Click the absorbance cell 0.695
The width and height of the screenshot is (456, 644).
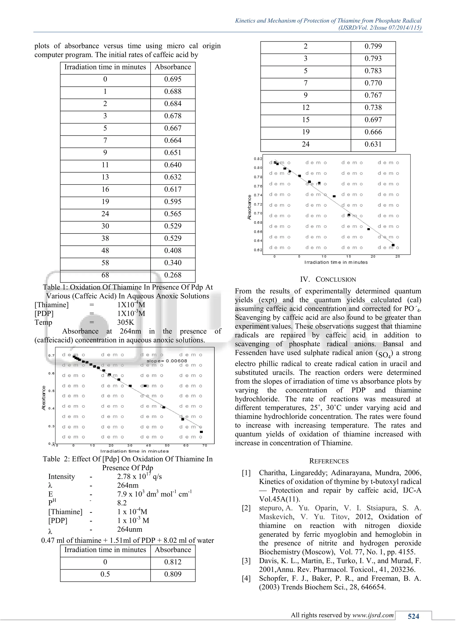[x=173, y=79]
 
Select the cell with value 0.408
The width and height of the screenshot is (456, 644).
[x=173, y=251]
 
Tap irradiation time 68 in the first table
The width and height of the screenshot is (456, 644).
[x=105, y=275]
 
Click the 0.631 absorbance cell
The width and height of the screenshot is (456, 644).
[x=373, y=145]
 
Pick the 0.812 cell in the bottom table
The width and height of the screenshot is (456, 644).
[x=173, y=562]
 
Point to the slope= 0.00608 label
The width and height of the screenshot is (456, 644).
[x=167, y=361]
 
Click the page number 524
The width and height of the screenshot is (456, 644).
[x=413, y=616]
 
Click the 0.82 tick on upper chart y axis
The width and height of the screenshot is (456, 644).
[x=258, y=159]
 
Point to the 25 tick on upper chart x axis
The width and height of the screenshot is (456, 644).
[x=398, y=256]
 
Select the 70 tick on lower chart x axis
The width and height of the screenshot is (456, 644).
[x=205, y=445]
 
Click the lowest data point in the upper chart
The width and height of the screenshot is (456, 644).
[x=393, y=245]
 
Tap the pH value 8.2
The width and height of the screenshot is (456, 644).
[x=122, y=503]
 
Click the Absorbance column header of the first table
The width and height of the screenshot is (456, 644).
[x=173, y=67]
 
